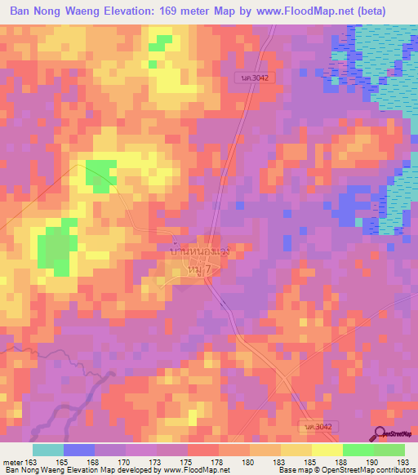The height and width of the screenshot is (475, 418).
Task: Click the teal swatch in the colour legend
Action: (x=48, y=450)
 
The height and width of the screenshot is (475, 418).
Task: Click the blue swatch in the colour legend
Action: (x=79, y=450)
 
